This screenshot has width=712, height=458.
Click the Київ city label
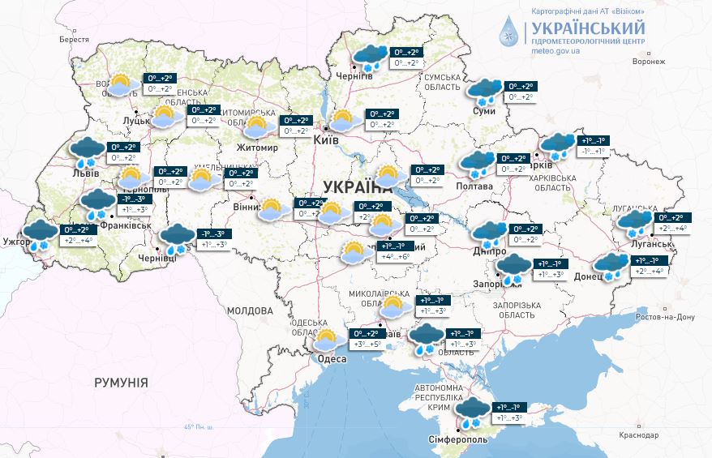point(326,140)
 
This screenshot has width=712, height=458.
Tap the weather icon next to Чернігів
point(370,57)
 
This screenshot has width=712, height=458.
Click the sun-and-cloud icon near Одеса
point(328,340)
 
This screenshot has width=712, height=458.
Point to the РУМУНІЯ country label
point(121,382)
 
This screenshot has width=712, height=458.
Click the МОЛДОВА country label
point(250,310)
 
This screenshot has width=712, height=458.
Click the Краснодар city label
point(638,435)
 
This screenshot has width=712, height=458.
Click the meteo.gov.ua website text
point(555,50)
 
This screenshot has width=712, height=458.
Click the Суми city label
point(484,110)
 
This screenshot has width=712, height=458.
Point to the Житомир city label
point(255,148)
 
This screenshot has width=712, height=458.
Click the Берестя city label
point(74,40)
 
